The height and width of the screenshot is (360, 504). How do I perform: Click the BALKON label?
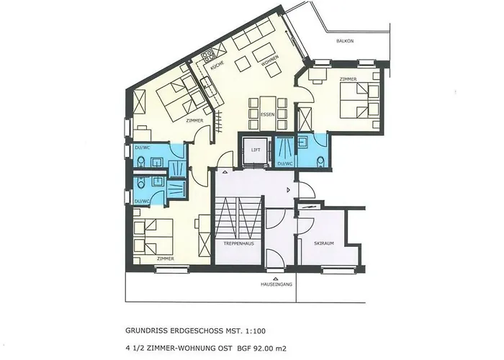(344, 41)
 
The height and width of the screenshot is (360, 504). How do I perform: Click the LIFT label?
(255, 150)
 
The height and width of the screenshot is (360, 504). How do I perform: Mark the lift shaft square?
(255, 150)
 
